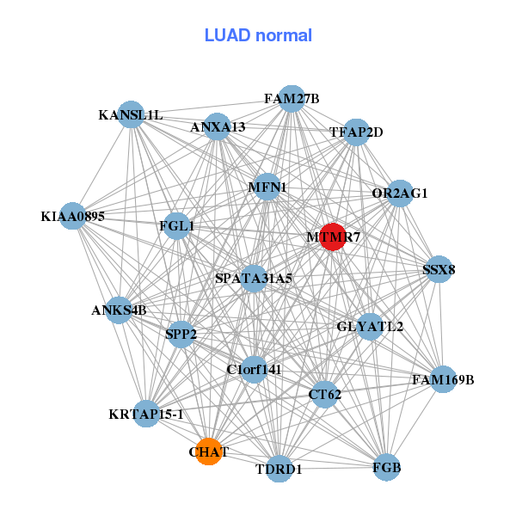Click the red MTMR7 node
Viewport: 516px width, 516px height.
(333, 236)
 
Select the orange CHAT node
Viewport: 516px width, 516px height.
(208, 451)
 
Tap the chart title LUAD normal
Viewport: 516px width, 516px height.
(258, 35)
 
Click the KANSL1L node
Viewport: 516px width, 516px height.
(131, 114)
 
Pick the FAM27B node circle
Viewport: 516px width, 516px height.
(292, 99)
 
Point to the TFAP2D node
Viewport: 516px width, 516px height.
(356, 132)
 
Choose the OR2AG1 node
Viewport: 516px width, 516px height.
(400, 193)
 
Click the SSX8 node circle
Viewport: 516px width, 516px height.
(439, 270)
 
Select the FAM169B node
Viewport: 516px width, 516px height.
(443, 378)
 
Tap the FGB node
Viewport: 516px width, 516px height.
(387, 467)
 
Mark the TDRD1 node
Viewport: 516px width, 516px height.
(279, 469)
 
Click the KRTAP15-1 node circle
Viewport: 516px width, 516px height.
(147, 415)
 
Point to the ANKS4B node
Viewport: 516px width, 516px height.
(120, 310)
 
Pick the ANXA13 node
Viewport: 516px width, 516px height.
(218, 127)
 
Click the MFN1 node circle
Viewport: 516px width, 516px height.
(267, 187)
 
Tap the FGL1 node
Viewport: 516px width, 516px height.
(177, 227)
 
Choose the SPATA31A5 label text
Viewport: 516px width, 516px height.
(254, 279)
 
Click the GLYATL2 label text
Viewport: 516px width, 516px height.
(370, 327)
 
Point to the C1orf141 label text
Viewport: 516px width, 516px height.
(254, 370)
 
